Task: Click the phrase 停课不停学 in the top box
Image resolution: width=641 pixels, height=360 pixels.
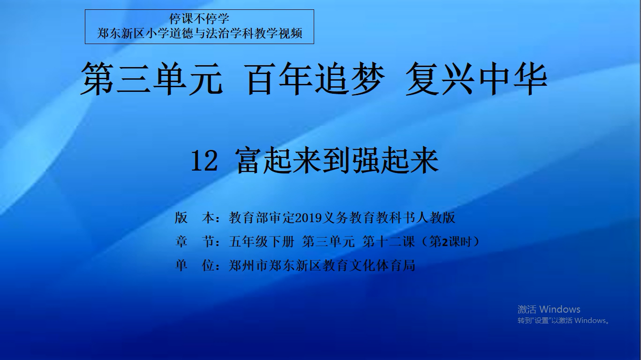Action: point(199,19)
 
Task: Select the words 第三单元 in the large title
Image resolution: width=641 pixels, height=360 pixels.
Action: point(151,79)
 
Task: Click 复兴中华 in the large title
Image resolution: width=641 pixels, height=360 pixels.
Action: point(476,79)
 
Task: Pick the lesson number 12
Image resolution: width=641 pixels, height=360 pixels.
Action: point(204,162)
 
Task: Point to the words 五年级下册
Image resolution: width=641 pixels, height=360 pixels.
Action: point(262,242)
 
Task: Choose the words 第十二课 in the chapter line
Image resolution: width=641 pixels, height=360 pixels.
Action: point(389,242)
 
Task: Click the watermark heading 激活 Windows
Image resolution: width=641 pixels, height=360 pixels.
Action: point(549,309)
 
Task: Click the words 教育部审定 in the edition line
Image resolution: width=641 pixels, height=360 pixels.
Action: point(262,218)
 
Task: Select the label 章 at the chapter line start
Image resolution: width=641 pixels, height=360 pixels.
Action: point(181,242)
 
